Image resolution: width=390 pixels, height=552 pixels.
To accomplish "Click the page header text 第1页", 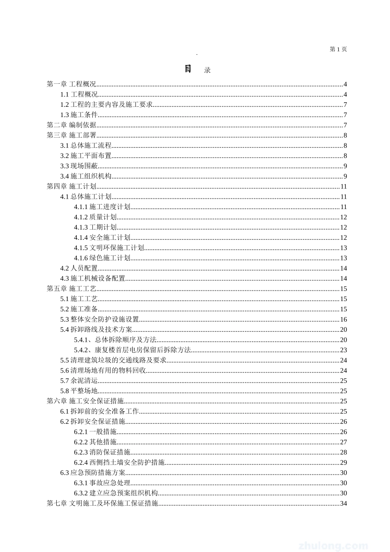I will (338, 49).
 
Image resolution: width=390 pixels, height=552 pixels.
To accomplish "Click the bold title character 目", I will (188, 69).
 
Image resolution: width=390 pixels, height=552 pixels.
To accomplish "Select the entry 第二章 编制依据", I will (72, 125).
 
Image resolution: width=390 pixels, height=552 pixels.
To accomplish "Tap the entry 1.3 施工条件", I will (79, 115).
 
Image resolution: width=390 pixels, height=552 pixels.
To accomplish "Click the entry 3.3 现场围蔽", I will (79, 166).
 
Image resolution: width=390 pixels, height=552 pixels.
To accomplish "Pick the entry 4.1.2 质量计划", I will (95, 217).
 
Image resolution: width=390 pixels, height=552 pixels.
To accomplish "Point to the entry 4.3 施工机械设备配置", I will (93, 278).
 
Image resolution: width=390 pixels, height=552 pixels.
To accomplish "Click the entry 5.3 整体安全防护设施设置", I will (100, 320).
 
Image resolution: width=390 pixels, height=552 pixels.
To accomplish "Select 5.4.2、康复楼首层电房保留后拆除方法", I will (132, 350).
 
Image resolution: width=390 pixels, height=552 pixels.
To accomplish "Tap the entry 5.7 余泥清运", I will (79, 381).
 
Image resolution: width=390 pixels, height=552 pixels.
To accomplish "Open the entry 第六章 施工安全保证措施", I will (85, 401).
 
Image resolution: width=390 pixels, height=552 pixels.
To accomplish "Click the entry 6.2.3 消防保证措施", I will (102, 452).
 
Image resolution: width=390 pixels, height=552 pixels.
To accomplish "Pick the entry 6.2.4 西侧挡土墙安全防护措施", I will (119, 462).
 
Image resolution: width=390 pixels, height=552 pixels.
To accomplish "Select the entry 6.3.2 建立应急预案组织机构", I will (116, 493).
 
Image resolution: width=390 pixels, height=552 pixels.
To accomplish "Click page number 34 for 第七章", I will (344, 504).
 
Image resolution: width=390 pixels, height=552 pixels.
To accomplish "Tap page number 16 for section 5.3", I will (344, 320).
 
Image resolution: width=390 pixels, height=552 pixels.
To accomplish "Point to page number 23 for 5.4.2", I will (344, 350).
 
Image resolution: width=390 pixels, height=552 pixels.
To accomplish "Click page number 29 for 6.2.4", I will (344, 462).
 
